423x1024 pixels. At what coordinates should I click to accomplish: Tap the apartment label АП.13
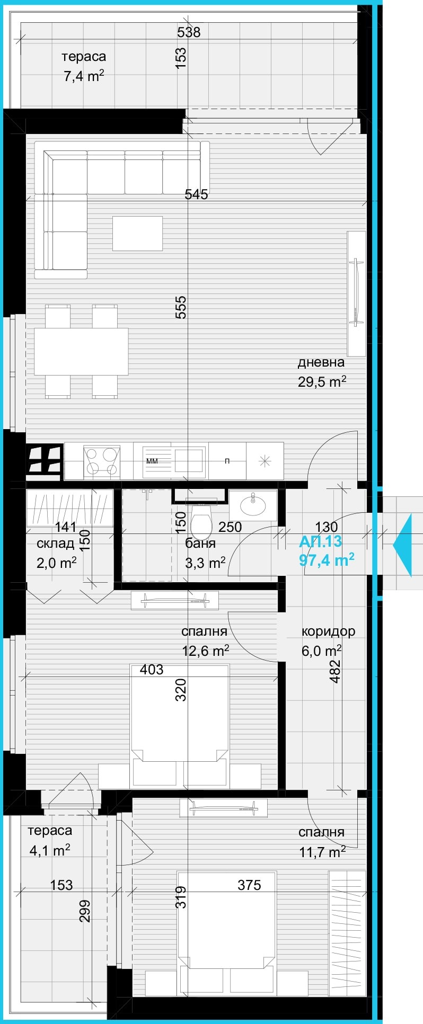pos(320,541)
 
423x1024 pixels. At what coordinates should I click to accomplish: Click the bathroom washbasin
pos(253,505)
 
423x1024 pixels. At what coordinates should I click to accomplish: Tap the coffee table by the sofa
pos(137,233)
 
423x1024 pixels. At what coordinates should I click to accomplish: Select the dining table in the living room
pos(81,352)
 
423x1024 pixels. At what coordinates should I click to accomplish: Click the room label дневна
pos(321,362)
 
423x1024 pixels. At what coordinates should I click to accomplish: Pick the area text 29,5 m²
pos(322,381)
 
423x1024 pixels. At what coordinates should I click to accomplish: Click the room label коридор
pos(328,631)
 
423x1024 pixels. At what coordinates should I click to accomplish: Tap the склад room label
pos(55,544)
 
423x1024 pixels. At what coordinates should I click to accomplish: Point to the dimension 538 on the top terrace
pos(189,32)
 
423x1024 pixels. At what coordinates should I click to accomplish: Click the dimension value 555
pos(181,307)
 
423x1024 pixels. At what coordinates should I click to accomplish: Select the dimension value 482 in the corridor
pos(335,671)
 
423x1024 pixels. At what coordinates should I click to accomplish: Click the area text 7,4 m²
pos(83,76)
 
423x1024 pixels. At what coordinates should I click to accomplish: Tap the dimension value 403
pos(152,670)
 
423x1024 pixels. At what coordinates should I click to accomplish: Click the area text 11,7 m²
pos(321,852)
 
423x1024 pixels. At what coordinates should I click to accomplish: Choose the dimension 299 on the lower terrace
pos(85,911)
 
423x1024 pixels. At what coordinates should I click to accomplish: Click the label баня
pos(200,544)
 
